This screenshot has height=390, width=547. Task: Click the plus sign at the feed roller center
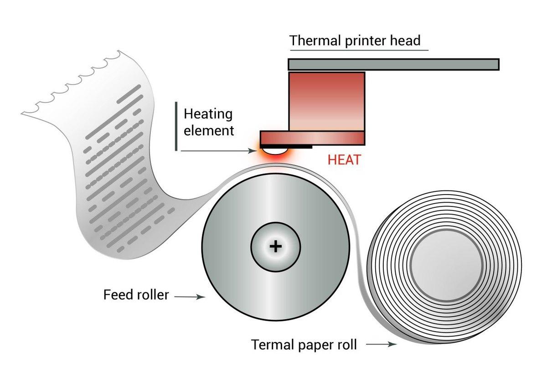click(x=275, y=246)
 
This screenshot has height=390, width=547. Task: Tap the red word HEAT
click(x=344, y=160)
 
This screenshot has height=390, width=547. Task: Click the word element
click(x=209, y=131)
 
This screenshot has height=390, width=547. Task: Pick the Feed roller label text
click(x=136, y=295)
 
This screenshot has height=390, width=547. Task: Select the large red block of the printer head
click(x=326, y=101)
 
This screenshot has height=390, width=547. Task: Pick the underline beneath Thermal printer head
click(x=359, y=50)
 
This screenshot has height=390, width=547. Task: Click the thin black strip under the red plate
click(x=296, y=147)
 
